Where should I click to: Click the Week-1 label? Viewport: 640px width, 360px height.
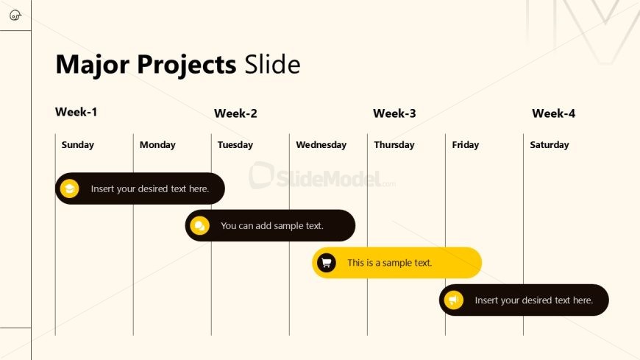click(76, 112)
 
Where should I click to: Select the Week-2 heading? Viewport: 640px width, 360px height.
click(235, 113)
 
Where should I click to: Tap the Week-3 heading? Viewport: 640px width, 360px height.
click(394, 113)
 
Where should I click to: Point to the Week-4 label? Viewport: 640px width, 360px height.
click(553, 113)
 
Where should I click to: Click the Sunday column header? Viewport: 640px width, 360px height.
click(77, 145)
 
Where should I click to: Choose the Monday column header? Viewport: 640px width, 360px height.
click(157, 145)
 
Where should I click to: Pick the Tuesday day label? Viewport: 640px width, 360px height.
click(235, 145)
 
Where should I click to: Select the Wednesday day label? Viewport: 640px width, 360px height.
click(321, 145)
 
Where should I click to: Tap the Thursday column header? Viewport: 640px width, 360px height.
click(394, 145)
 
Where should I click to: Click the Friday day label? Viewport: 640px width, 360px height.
click(466, 145)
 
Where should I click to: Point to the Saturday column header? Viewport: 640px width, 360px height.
click(550, 145)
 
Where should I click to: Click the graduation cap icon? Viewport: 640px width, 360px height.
click(69, 188)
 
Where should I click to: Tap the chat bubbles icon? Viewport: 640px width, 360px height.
click(199, 225)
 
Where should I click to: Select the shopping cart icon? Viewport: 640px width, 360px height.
click(326, 263)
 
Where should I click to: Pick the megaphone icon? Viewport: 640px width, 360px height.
click(453, 300)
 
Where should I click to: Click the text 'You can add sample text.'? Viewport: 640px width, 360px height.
click(272, 226)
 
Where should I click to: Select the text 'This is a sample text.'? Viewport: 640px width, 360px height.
click(389, 263)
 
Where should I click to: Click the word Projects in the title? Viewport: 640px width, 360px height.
click(187, 65)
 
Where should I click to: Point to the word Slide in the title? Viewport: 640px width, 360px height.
click(272, 64)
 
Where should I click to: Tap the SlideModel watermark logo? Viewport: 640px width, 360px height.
click(322, 176)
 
